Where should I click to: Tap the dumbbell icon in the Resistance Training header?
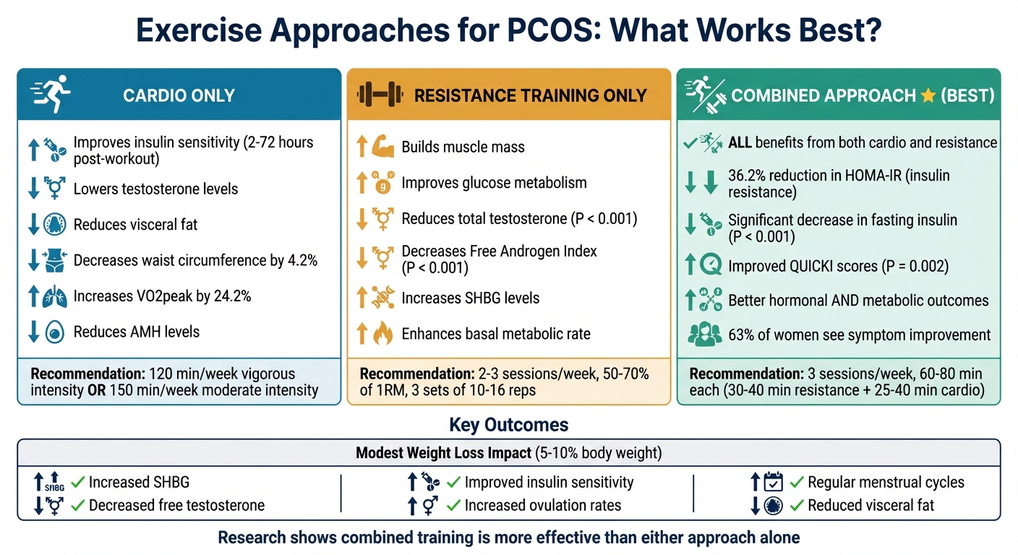coord(378,95)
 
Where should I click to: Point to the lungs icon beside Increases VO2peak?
coord(56,297)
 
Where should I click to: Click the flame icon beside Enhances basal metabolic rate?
coord(382,334)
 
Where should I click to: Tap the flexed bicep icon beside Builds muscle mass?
coord(382,147)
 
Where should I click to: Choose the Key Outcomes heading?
coord(508,424)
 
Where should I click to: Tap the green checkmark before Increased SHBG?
coord(77,482)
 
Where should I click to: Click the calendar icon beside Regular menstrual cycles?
coord(774,482)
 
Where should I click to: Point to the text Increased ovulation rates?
coord(542,505)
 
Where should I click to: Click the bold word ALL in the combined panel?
coord(740,142)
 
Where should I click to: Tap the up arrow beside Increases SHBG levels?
coord(362,298)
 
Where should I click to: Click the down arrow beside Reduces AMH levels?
coord(33,332)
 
